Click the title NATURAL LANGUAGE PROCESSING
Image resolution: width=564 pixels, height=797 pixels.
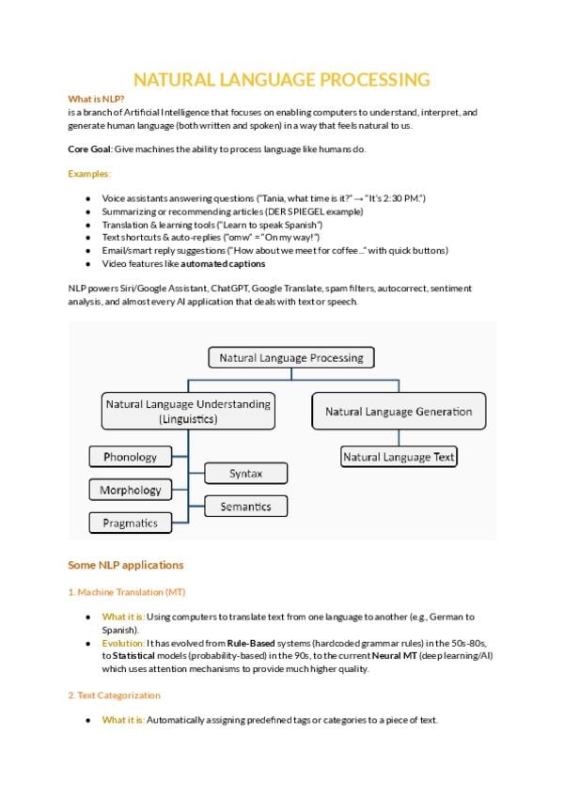point(282,79)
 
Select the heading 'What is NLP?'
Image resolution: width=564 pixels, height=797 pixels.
point(96,99)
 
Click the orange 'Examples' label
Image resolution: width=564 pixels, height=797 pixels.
point(88,174)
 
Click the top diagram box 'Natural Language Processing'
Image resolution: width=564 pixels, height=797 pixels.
point(290,358)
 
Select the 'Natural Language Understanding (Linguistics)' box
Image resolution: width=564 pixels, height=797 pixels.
point(188,412)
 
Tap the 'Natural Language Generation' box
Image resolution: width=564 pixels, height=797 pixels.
point(399,412)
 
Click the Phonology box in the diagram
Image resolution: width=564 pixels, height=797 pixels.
point(131,457)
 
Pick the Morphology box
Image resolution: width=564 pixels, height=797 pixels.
point(131,490)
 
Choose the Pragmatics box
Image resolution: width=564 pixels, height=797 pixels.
point(131,523)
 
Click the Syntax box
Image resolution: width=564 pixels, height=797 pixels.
point(245,473)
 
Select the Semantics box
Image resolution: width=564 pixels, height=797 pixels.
point(245,507)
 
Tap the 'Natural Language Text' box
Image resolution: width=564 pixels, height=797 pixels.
point(399,457)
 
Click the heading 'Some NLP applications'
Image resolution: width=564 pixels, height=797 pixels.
point(125,565)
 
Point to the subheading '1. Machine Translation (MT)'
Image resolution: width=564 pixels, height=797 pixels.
point(126,592)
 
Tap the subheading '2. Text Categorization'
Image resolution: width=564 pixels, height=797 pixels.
point(114,695)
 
